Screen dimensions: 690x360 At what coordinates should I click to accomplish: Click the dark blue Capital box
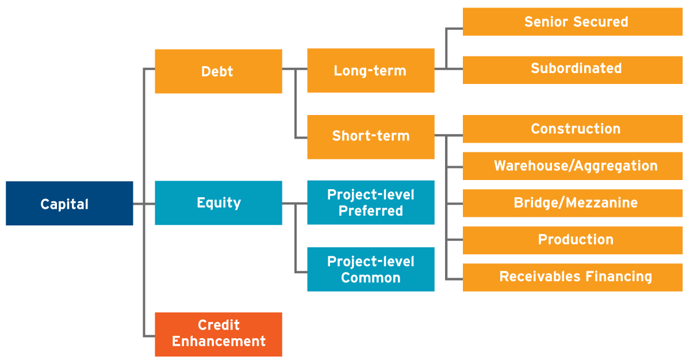point(70,203)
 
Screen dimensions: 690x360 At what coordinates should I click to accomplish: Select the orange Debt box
point(218,71)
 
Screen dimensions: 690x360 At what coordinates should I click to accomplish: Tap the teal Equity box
point(218,202)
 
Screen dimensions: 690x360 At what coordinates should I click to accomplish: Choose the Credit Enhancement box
point(218,335)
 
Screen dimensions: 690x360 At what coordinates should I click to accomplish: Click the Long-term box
point(371,71)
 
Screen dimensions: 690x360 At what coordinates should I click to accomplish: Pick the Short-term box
point(371,137)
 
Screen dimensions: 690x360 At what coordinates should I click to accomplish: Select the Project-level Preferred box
point(371,202)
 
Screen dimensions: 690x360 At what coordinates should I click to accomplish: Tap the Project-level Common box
point(371,269)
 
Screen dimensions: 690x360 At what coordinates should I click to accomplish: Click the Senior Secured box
point(573,22)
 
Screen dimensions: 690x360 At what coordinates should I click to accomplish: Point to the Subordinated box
point(573,70)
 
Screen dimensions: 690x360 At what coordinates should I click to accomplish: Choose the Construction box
point(573,129)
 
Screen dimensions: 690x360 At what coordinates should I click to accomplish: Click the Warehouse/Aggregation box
point(573,166)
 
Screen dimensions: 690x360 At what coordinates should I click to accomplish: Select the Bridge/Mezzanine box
point(573,203)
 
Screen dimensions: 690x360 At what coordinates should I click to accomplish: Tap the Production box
point(573,240)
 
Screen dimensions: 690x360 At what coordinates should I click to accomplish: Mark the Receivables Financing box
point(573,277)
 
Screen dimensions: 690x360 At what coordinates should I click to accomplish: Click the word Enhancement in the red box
point(218,341)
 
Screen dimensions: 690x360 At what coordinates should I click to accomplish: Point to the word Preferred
point(371,211)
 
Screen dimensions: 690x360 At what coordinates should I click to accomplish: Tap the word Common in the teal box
point(371,278)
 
